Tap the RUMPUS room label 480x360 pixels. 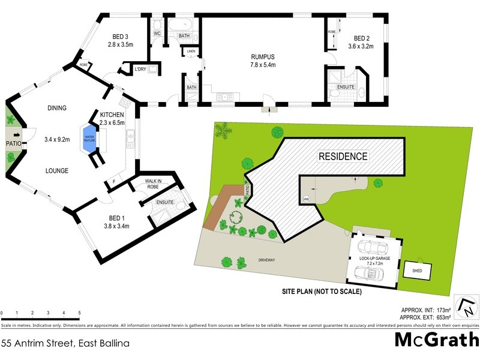click(x=263, y=58)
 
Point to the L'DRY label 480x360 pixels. click(x=140, y=70)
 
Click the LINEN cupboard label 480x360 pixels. click(x=191, y=52)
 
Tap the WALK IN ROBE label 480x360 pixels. click(x=157, y=183)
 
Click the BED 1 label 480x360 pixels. click(x=118, y=218)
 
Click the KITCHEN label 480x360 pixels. click(x=112, y=115)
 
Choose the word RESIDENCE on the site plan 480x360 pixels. click(x=343, y=156)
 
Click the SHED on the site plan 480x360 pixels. click(x=418, y=271)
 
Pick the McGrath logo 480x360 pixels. click(x=436, y=340)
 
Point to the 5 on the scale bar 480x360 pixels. click(x=79, y=313)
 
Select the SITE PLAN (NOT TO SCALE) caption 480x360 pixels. click(x=322, y=292)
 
